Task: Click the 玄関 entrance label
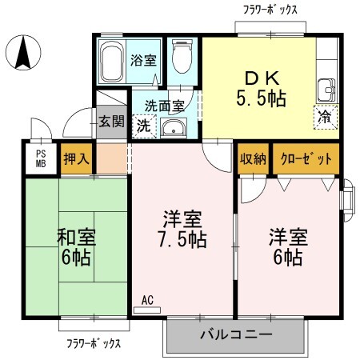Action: (110, 122)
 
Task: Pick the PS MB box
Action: (39, 158)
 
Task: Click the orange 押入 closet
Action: (77, 158)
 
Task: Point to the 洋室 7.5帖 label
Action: (184, 230)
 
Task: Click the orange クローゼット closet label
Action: (306, 158)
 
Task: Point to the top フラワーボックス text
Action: (270, 10)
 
